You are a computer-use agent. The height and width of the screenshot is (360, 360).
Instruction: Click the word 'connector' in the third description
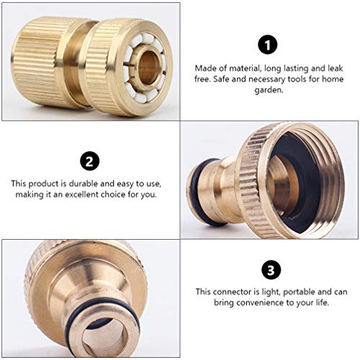click(239, 292)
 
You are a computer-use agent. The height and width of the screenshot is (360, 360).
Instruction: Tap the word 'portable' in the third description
click(302, 292)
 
